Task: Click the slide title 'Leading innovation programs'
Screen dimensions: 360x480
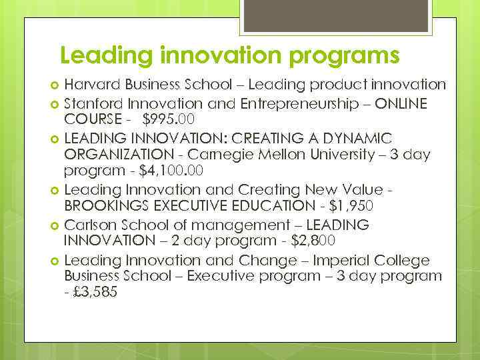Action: coord(229,55)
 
